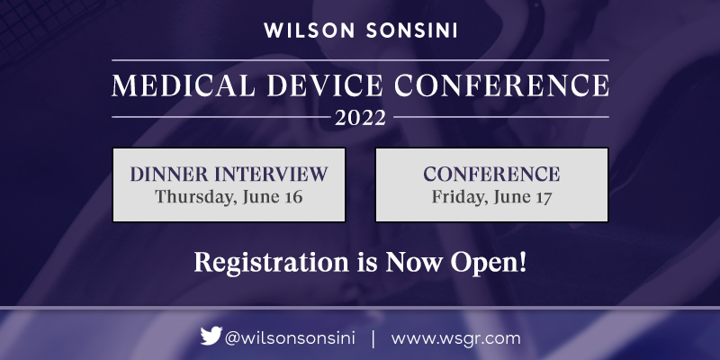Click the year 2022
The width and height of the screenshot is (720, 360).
click(x=360, y=118)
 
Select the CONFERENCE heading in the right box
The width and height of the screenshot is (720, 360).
click(x=491, y=174)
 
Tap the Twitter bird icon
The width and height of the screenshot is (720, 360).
click(x=211, y=337)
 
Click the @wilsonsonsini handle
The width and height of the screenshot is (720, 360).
click(x=290, y=338)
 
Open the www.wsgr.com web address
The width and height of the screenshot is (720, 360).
click(x=456, y=338)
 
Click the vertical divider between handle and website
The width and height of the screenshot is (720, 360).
click(x=373, y=338)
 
